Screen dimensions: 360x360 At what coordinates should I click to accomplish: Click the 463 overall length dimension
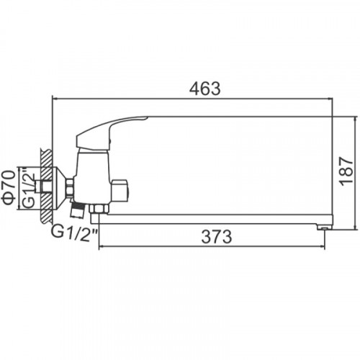pyautogui.click(x=204, y=89)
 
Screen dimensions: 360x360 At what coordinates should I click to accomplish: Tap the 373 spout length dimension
pyautogui.click(x=217, y=237)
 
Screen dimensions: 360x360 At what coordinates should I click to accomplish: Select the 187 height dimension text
pyautogui.click(x=347, y=171)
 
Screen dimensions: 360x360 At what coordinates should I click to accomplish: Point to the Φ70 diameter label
pyautogui.click(x=9, y=187)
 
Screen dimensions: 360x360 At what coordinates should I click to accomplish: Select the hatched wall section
pyautogui.click(x=46, y=186)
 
